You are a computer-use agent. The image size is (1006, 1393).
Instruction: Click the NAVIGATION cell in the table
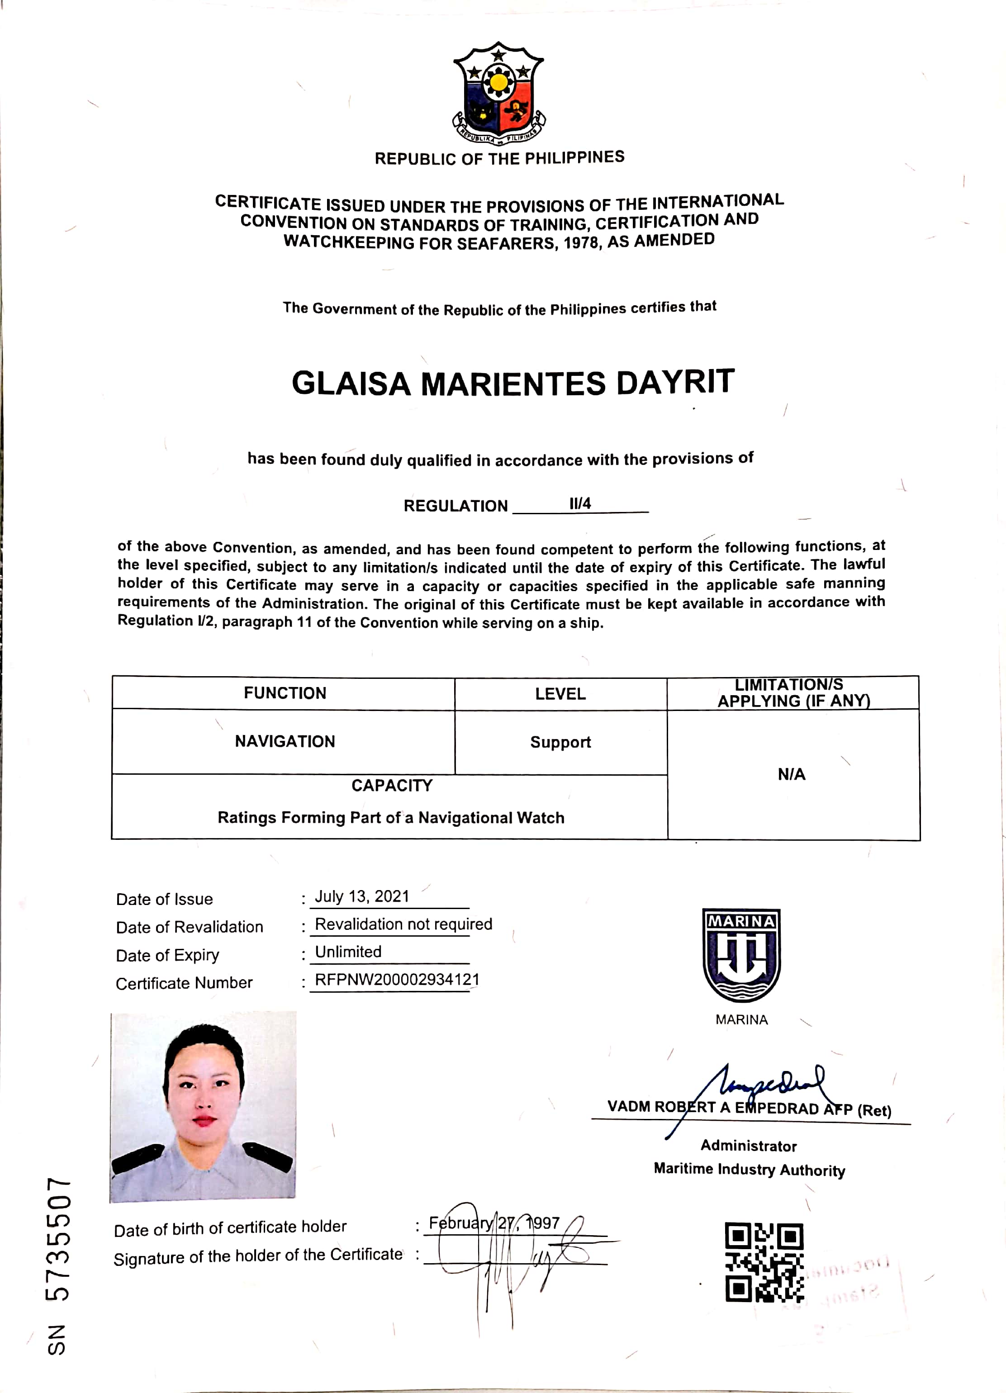[x=285, y=741]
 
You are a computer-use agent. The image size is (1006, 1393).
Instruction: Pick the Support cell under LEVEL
[x=560, y=742]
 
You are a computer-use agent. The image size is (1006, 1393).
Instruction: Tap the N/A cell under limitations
[x=791, y=774]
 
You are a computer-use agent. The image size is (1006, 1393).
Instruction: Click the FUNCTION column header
[x=285, y=693]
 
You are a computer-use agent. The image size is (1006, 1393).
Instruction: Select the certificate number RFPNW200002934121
[x=397, y=979]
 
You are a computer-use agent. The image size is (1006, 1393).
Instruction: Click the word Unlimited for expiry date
[x=348, y=952]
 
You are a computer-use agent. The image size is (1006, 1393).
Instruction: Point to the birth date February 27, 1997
[x=494, y=1223]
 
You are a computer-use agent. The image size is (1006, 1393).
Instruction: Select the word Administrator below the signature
[x=748, y=1146]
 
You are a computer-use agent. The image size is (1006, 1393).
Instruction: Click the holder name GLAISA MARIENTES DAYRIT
[x=513, y=383]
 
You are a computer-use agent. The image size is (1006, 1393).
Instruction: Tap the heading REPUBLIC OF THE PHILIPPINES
[x=499, y=158]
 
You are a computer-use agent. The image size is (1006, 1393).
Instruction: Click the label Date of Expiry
[x=168, y=955]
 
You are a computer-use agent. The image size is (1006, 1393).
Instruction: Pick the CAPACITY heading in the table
[x=392, y=786]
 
